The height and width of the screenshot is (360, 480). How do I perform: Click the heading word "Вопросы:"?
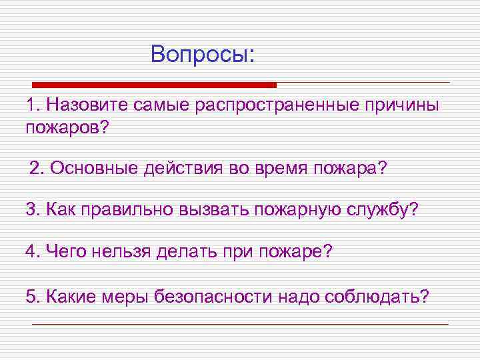pos(203,53)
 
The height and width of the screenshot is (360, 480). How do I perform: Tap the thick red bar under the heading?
pos(154,85)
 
